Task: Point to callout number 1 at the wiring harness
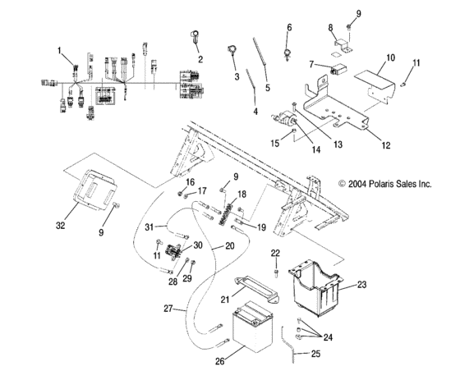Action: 59,50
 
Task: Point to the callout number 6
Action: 288,28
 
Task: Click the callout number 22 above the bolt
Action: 276,252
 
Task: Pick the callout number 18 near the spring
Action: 241,194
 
